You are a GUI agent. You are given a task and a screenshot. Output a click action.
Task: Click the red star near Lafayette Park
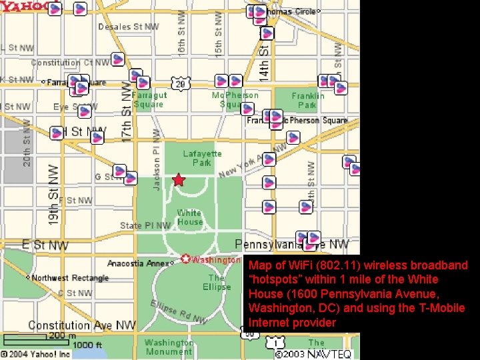[x=178, y=180]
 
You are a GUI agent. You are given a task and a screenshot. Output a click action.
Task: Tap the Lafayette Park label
[x=202, y=158]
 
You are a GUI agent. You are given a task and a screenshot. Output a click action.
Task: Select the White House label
[x=189, y=217]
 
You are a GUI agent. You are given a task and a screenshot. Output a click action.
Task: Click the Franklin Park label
[x=307, y=100]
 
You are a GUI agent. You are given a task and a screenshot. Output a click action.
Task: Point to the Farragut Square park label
[x=149, y=99]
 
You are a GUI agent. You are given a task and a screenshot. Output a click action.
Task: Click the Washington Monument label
[x=169, y=347]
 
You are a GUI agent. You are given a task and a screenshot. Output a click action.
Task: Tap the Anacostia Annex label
[x=139, y=263]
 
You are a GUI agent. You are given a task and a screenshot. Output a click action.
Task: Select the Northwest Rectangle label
[x=69, y=278]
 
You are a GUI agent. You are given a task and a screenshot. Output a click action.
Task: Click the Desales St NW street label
[x=129, y=27]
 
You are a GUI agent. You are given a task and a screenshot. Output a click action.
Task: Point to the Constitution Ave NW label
[x=82, y=325]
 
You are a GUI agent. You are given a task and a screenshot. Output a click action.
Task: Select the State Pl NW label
[x=145, y=225]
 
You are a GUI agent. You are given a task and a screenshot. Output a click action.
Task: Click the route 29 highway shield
[x=180, y=83]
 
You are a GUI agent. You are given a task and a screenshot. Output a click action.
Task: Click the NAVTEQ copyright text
[x=313, y=354]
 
